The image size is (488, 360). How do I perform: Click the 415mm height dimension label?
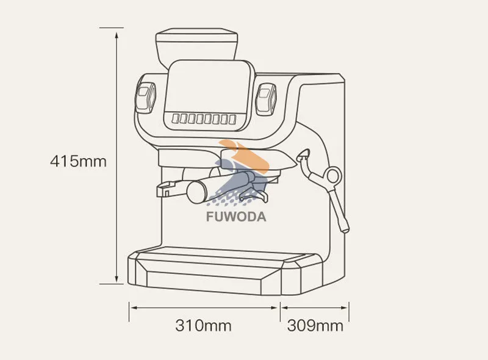click(x=78, y=162)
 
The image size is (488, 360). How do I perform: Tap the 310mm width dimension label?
click(x=204, y=325)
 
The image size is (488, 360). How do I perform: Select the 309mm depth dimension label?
click(x=315, y=325)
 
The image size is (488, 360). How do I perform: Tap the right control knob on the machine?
click(x=266, y=98)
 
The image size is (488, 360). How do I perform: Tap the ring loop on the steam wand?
click(x=332, y=175)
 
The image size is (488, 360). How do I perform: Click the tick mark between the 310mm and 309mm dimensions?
click(x=281, y=308)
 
